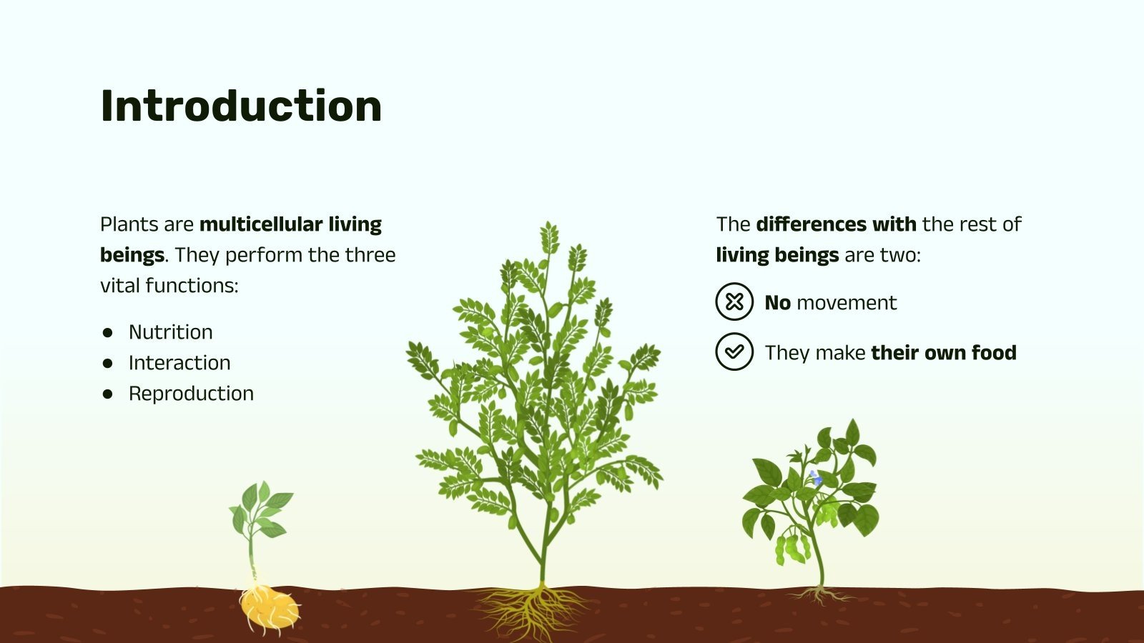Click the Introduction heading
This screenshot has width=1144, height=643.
coord(241,106)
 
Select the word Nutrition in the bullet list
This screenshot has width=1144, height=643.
coord(170,332)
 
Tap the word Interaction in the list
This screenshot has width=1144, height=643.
coord(179,363)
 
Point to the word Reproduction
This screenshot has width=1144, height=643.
coord(191,394)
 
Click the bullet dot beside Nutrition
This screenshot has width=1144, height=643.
coord(108,332)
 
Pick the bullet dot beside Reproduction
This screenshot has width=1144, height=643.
coord(108,394)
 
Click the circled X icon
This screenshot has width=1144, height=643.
coord(734,301)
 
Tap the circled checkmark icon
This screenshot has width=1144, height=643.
coord(734,352)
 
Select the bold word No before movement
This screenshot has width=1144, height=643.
coord(777,303)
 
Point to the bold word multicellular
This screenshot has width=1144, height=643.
coord(261,224)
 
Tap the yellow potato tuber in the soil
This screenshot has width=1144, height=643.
coord(268,607)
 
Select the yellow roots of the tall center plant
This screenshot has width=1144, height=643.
coord(533,611)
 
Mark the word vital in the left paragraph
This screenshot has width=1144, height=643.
coord(119,286)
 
